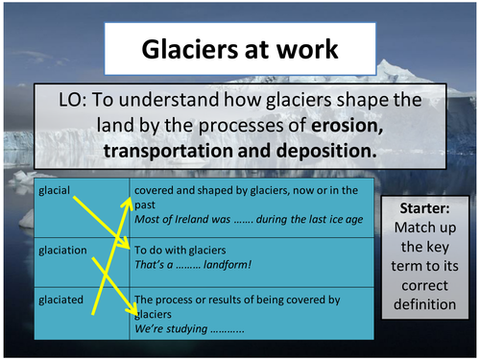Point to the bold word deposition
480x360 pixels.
(x=324, y=151)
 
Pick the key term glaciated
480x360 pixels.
(x=60, y=300)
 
